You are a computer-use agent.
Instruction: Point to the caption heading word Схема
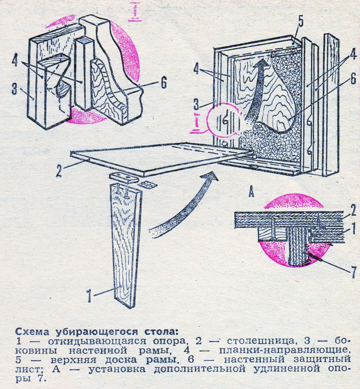(30, 331)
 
